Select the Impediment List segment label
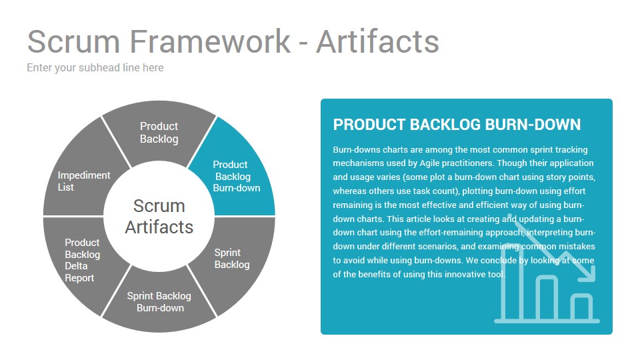pyautogui.click(x=84, y=181)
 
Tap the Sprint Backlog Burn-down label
pyautogui.click(x=159, y=302)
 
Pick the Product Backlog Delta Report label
pyautogui.click(x=83, y=260)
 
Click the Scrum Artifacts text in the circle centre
pyautogui.click(x=159, y=216)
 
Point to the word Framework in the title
pyautogui.click(x=210, y=41)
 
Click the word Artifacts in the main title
pyautogui.click(x=377, y=41)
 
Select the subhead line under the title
pyautogui.click(x=95, y=68)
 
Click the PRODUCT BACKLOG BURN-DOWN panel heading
pyautogui.click(x=457, y=125)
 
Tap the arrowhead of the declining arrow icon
pyautogui.click(x=588, y=273)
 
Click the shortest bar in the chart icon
pyautogui.click(x=581, y=307)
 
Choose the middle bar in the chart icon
pyautogui.click(x=547, y=298)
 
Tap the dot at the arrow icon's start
pyautogui.click(x=510, y=215)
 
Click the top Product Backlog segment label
pyautogui.click(x=159, y=133)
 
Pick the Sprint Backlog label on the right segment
pyautogui.click(x=232, y=259)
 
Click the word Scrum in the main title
pyautogui.click(x=73, y=41)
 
